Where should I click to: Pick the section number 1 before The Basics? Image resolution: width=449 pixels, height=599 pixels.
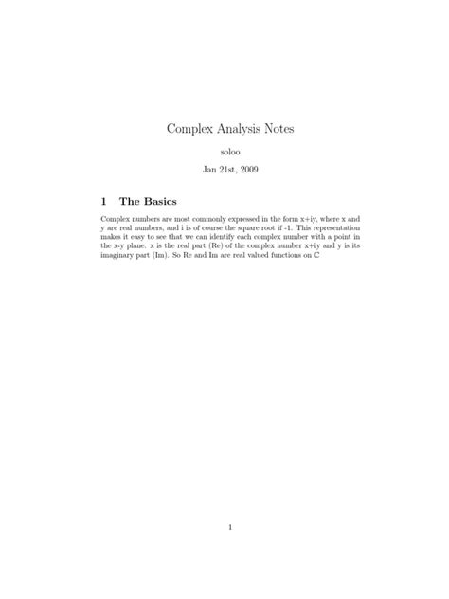tap(104, 201)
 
